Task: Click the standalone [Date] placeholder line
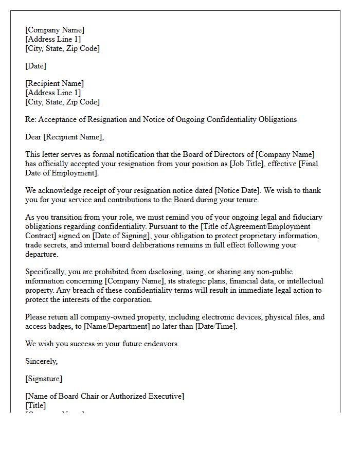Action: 35,66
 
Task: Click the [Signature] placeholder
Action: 44,379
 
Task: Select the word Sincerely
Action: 41,361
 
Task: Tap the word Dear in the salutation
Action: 34,137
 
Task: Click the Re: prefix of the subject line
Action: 31,119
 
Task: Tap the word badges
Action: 62,326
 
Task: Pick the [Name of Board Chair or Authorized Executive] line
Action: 104,396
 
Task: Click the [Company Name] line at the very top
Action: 55,30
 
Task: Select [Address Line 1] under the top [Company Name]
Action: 53,39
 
